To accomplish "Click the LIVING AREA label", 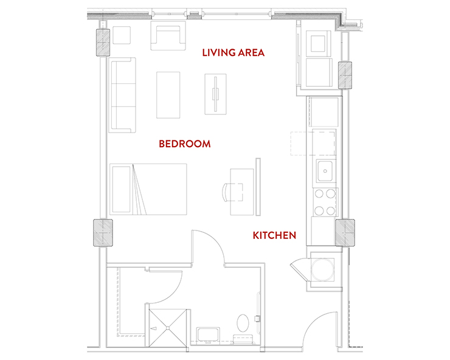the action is coord(233,52).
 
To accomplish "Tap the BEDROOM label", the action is coord(184,144).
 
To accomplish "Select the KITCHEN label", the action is coord(274,235).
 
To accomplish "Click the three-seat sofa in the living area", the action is coord(122,95).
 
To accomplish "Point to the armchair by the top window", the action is coord(168,36).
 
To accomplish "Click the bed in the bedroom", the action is coord(148,189).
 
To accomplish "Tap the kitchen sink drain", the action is coord(325,171).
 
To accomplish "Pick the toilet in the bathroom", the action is coord(243,323).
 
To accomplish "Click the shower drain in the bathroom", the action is coord(168,328).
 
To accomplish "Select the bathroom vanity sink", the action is coord(208,335).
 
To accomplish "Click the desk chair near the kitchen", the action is coord(232,192).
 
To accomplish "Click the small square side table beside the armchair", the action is coord(122,35).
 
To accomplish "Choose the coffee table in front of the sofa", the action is coord(168,95).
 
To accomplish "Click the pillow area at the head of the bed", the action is coord(122,190).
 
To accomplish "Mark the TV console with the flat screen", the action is coord(215,94).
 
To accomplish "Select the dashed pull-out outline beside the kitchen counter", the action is coord(313,144).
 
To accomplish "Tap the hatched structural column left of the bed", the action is coord(103,233).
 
